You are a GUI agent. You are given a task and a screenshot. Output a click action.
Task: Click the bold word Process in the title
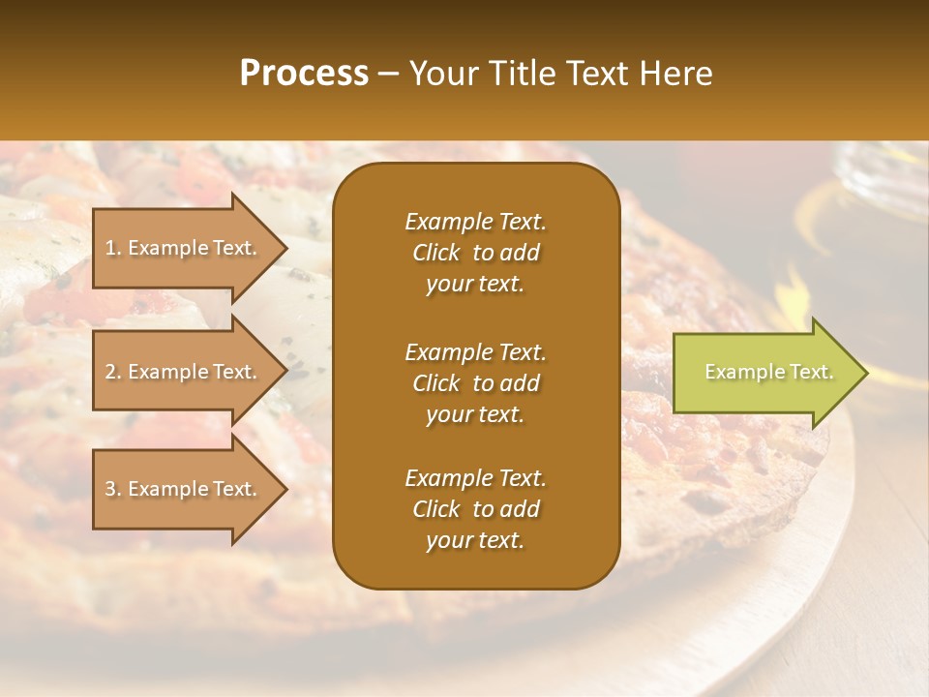(x=304, y=74)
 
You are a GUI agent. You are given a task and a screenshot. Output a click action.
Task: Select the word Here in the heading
(x=677, y=74)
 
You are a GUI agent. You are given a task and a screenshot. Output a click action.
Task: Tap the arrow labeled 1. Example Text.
(x=184, y=248)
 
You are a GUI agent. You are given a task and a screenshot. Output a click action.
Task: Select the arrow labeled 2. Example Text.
(x=184, y=372)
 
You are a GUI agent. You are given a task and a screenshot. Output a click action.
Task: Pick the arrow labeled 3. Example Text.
(x=184, y=489)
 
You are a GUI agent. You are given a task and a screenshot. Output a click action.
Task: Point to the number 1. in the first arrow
(x=112, y=248)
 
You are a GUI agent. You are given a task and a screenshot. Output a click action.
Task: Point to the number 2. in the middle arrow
(x=112, y=372)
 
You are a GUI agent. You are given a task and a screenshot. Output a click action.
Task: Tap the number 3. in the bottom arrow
(x=112, y=489)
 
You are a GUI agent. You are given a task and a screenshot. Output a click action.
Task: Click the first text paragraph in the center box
(x=475, y=253)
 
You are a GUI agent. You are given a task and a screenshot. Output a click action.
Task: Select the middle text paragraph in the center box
(x=475, y=383)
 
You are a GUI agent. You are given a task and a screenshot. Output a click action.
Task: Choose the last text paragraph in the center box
(x=475, y=509)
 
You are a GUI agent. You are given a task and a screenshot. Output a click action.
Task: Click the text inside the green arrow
(x=768, y=372)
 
